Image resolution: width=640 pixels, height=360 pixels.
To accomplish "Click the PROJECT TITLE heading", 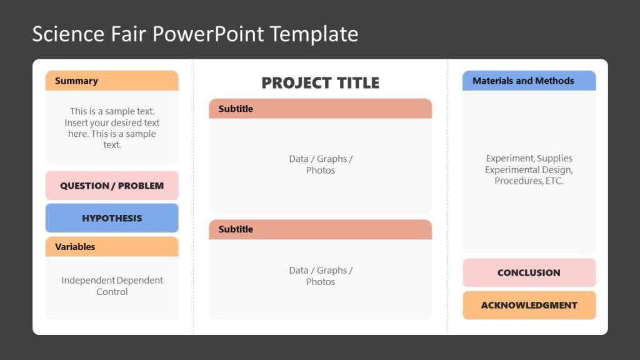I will coord(320,82).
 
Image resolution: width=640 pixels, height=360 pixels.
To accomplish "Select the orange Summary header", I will coord(111,81).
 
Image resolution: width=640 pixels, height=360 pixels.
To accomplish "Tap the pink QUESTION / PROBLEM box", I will coord(111,186).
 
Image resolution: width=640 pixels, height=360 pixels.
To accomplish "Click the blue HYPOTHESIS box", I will coord(111,218).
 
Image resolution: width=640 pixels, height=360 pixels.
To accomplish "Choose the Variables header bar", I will coord(111,246).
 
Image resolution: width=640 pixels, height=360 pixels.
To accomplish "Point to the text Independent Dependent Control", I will coord(112,286).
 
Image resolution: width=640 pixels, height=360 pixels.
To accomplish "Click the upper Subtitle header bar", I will coord(320,109).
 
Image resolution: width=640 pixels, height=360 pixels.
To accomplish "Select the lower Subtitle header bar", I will coord(320,229).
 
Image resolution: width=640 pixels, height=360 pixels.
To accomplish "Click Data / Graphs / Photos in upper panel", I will coord(320,164).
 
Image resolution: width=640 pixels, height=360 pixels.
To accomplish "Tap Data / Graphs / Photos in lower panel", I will coord(320,276).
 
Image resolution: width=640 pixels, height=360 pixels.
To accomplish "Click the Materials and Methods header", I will coord(529,81).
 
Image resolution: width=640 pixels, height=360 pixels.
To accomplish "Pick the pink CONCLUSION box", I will coord(529,272).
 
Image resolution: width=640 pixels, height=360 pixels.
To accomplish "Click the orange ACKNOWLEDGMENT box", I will coord(529,305).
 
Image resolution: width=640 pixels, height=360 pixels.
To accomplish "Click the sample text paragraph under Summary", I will coord(112,128).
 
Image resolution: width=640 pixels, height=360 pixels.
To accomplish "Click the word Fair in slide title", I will coord(119,34).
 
